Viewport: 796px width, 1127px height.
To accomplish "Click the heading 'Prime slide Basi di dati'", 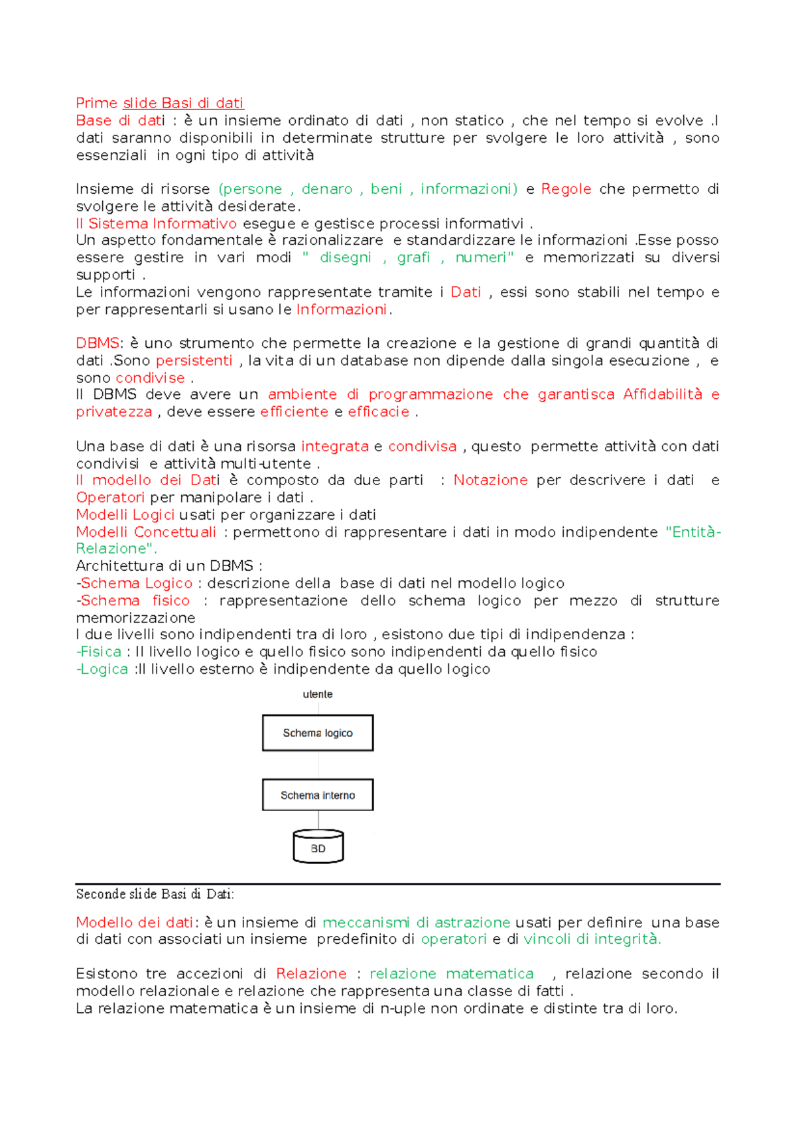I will point(159,103).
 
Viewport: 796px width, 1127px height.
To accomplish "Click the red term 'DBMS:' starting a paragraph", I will point(98,343).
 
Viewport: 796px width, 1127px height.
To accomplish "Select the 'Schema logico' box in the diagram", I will point(318,733).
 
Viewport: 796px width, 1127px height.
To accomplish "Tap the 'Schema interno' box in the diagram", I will point(318,795).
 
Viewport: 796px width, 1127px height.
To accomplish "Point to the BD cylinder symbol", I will point(318,848).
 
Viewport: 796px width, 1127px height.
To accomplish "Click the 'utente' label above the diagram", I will point(318,694).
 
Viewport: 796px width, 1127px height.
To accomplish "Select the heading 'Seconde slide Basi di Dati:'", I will point(155,894).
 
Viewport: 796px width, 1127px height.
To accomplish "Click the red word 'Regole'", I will point(566,189).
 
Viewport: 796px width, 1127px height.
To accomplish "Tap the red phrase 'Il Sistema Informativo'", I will point(156,224).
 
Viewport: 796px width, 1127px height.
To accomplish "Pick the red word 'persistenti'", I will point(194,360).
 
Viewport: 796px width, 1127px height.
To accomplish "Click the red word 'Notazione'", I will point(490,480).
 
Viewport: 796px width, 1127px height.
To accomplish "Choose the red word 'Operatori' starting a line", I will point(110,497).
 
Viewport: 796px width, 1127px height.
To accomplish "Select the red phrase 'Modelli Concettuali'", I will point(146,532).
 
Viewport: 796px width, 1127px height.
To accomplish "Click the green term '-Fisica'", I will point(99,652).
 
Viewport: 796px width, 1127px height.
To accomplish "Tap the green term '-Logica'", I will point(102,669).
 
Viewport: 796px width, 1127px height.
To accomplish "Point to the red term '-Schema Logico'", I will point(135,583).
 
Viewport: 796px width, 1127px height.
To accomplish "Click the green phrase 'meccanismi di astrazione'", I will point(416,922).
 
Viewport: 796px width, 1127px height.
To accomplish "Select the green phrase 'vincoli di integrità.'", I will point(592,939).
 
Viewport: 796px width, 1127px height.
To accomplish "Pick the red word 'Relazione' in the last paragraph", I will point(311,974).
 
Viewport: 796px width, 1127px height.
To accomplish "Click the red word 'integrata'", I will point(334,446).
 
